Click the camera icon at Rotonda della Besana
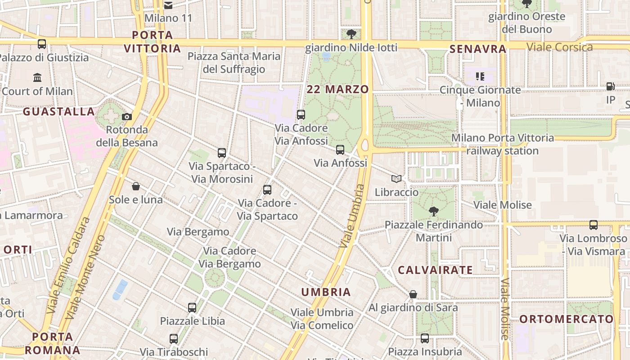[127, 117]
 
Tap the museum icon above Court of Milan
[37, 77]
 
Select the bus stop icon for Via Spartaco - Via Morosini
[221, 153]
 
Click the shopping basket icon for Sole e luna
[136, 186]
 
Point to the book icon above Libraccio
[396, 179]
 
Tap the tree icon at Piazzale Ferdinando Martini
[434, 211]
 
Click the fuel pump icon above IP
[610, 86]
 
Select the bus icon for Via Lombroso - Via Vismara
[594, 225]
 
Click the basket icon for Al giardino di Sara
[413, 294]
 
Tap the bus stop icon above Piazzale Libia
[192, 308]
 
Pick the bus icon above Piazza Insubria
[425, 338]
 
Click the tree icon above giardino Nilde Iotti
[351, 34]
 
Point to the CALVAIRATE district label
[435, 270]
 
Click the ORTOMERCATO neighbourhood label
[567, 319]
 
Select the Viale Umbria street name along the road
[352, 216]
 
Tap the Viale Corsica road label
[559, 47]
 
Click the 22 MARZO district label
[337, 90]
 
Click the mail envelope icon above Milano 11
[168, 5]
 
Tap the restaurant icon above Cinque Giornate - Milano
[480, 76]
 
